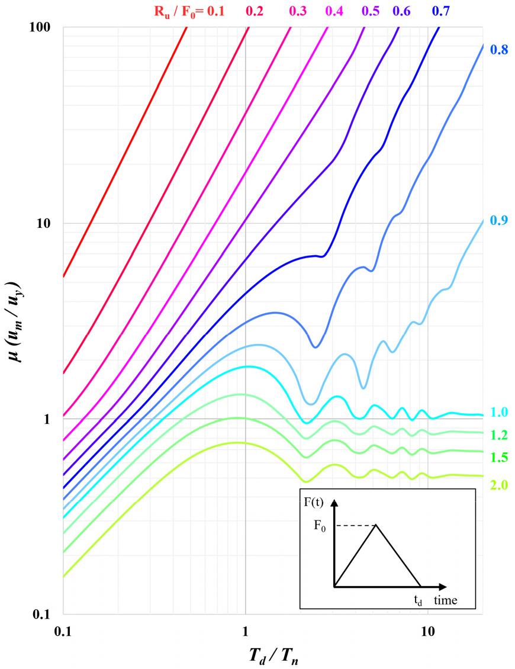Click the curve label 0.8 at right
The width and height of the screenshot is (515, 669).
[x=499, y=50]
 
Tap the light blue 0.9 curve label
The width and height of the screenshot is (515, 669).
[x=499, y=220]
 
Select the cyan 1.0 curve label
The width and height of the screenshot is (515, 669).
[x=499, y=412]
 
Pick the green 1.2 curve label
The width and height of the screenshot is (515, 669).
[x=499, y=436]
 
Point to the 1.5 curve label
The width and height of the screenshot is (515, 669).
[x=499, y=458]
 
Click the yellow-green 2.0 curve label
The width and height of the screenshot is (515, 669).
[x=499, y=485]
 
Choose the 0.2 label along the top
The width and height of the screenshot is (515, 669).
[x=254, y=12]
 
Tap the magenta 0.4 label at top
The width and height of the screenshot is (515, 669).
[x=334, y=12]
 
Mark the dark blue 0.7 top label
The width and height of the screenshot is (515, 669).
[x=441, y=12]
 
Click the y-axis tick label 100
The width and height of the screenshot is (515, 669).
[x=40, y=28]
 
